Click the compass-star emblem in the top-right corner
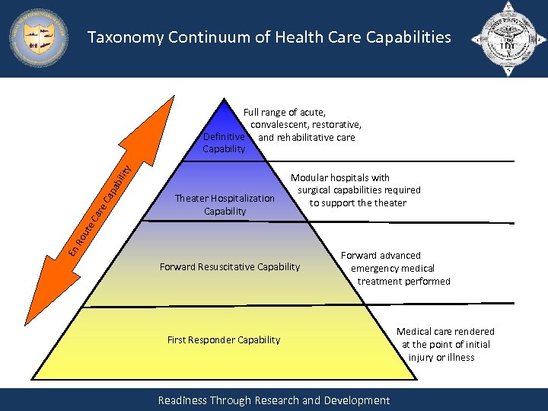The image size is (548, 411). pyautogui.click(x=508, y=37)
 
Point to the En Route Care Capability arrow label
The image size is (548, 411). pyautogui.click(x=98, y=205)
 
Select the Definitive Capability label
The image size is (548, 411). pyautogui.click(x=224, y=142)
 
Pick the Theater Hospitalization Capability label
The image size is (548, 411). pyautogui.click(x=225, y=204)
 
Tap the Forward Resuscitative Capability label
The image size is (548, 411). pyautogui.click(x=230, y=266)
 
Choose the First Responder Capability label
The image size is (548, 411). pyautogui.click(x=224, y=339)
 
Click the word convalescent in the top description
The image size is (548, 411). pyautogui.click(x=277, y=125)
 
